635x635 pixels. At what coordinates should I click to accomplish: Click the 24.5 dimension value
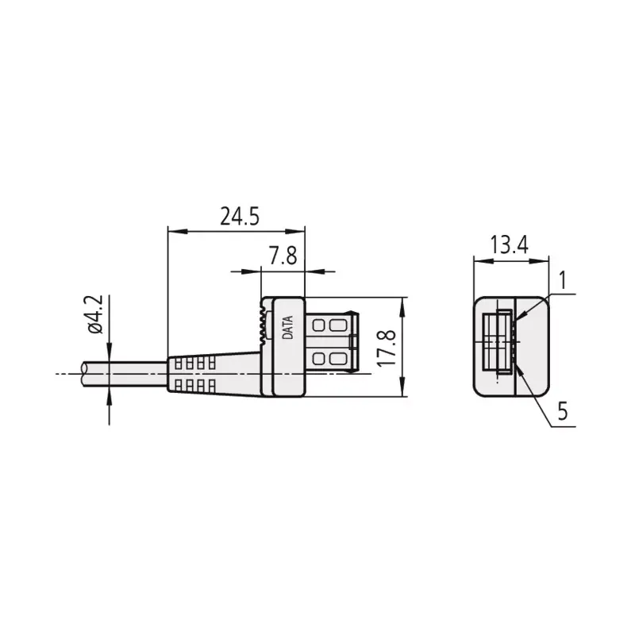click(240, 217)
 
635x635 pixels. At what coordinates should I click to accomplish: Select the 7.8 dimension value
click(283, 256)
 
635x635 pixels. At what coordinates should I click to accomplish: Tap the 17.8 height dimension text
click(387, 348)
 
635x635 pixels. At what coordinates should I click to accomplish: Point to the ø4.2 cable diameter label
click(95, 314)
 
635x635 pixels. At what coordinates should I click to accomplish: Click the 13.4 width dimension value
click(510, 244)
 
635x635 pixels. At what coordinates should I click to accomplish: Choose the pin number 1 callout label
click(563, 280)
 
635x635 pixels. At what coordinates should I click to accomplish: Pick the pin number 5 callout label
click(563, 411)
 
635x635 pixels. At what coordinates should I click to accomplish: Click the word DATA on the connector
click(287, 327)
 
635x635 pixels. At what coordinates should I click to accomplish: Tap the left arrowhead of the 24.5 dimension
click(178, 232)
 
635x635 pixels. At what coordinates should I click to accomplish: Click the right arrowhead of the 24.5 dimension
click(294, 232)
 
